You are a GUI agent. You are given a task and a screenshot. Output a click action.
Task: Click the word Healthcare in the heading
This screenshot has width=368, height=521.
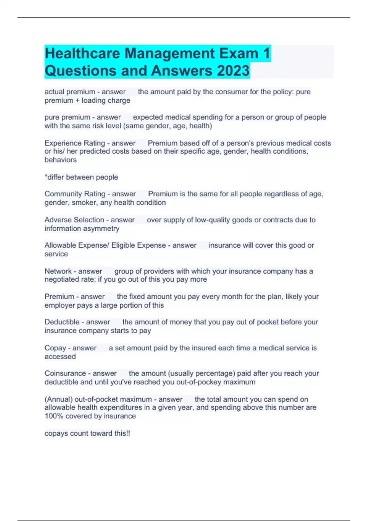click(82, 53)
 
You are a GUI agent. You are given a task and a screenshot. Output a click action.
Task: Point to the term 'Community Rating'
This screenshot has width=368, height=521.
click(75, 194)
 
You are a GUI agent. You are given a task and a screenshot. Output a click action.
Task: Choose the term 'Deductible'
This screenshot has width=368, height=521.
click(62, 322)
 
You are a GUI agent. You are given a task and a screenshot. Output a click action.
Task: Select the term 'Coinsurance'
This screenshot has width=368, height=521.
click(65, 373)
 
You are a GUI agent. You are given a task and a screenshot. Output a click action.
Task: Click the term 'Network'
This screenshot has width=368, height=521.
click(58, 271)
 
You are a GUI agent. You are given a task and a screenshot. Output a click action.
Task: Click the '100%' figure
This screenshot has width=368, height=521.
click(53, 416)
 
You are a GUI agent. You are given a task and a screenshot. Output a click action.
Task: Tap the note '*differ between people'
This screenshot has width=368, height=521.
click(81, 177)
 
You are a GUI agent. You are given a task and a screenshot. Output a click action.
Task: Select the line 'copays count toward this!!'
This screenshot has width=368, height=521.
click(87, 433)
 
